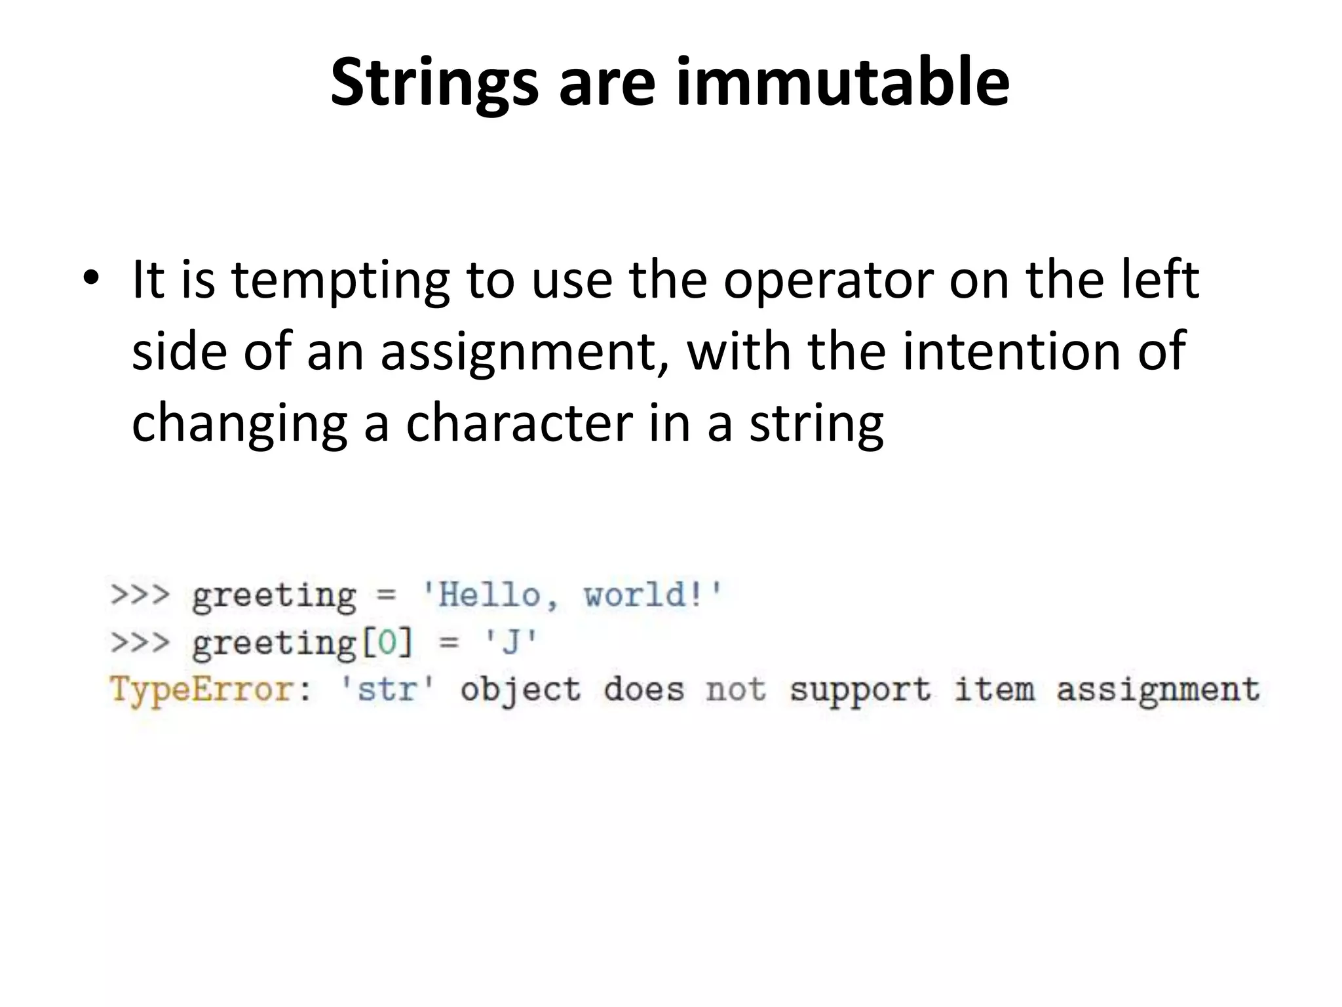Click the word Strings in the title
(x=433, y=83)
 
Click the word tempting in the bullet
(x=340, y=279)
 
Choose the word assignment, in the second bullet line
(x=522, y=351)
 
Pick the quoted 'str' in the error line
(x=387, y=690)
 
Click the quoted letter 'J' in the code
(x=510, y=642)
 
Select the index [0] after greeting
(x=387, y=642)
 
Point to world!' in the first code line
(x=653, y=595)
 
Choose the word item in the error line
(x=994, y=690)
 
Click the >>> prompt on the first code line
(x=140, y=595)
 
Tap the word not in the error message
(x=736, y=690)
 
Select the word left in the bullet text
(x=1160, y=279)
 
